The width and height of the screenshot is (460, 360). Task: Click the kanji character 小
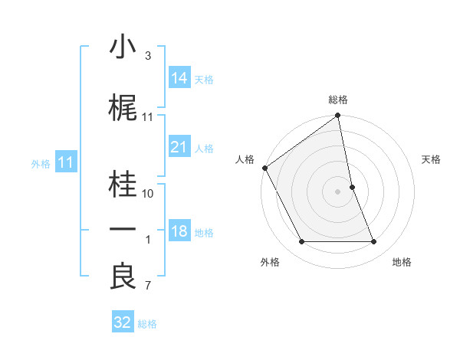click(x=123, y=48)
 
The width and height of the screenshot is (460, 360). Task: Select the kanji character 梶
click(x=123, y=109)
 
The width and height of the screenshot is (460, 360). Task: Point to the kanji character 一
click(x=123, y=230)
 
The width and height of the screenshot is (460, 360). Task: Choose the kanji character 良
click(x=123, y=277)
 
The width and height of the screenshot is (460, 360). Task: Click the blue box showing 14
click(x=179, y=78)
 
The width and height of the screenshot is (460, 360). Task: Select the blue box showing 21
click(x=179, y=147)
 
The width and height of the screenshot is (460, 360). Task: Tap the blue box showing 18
click(x=179, y=232)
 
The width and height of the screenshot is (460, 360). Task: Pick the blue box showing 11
click(x=66, y=162)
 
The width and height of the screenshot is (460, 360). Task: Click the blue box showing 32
click(x=123, y=322)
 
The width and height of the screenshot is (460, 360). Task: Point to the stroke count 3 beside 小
click(x=148, y=56)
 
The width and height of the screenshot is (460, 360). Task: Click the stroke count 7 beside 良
click(x=148, y=286)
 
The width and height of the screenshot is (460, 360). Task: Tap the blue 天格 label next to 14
click(x=204, y=79)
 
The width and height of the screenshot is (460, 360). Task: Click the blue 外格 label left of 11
click(x=41, y=163)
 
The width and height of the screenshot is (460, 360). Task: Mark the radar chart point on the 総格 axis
click(x=338, y=116)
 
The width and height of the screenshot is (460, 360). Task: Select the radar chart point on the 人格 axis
click(x=265, y=168)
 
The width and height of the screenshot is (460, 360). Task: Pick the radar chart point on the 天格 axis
click(x=352, y=187)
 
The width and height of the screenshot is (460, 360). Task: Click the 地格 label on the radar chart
click(x=402, y=262)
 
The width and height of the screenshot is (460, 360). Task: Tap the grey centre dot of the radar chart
click(x=338, y=191)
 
